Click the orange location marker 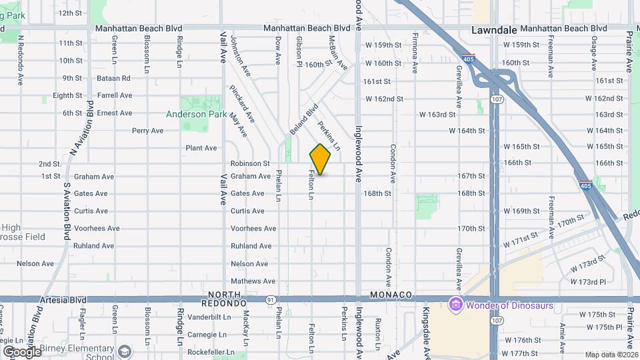pyautogui.click(x=320, y=159)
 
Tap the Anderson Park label pyautogui.click(x=197, y=114)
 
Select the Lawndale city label pyautogui.click(x=493, y=30)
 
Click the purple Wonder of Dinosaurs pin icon pyautogui.click(x=456, y=305)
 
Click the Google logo pyautogui.click(x=22, y=351)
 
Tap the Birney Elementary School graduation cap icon pyautogui.click(x=125, y=351)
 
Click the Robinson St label pyautogui.click(x=250, y=163)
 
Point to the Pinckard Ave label pyautogui.click(x=242, y=103)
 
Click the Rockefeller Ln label pyautogui.click(x=211, y=352)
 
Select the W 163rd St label pyautogui.click(x=437, y=115)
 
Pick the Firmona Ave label pyautogui.click(x=415, y=53)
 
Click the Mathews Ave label pyautogui.click(x=253, y=281)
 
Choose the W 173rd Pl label pyautogui.click(x=587, y=282)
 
